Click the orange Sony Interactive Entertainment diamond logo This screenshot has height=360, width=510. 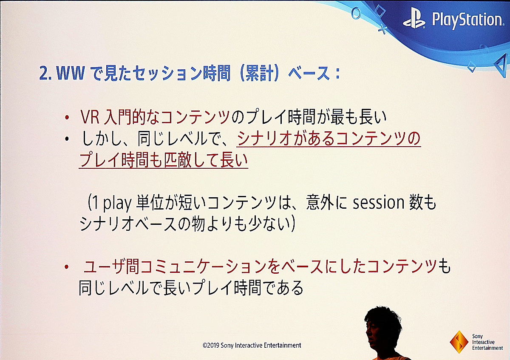pos(459,342)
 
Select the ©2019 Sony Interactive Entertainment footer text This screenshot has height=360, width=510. pos(252,345)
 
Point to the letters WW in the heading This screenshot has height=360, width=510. pos(71,74)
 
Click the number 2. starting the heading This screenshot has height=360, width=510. pos(45,74)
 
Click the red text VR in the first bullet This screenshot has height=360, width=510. pos(90,117)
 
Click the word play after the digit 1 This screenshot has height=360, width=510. pos(117,203)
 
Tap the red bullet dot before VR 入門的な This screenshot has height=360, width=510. pos(67,117)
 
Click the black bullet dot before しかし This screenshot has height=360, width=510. pos(67,139)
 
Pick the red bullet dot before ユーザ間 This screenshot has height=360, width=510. pos(66,267)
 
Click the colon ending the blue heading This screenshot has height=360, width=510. pos(337,74)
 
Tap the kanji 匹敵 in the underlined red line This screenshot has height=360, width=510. pos(178,160)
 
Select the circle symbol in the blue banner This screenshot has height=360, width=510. pos(356,13)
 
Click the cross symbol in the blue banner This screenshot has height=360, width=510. pos(383,30)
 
